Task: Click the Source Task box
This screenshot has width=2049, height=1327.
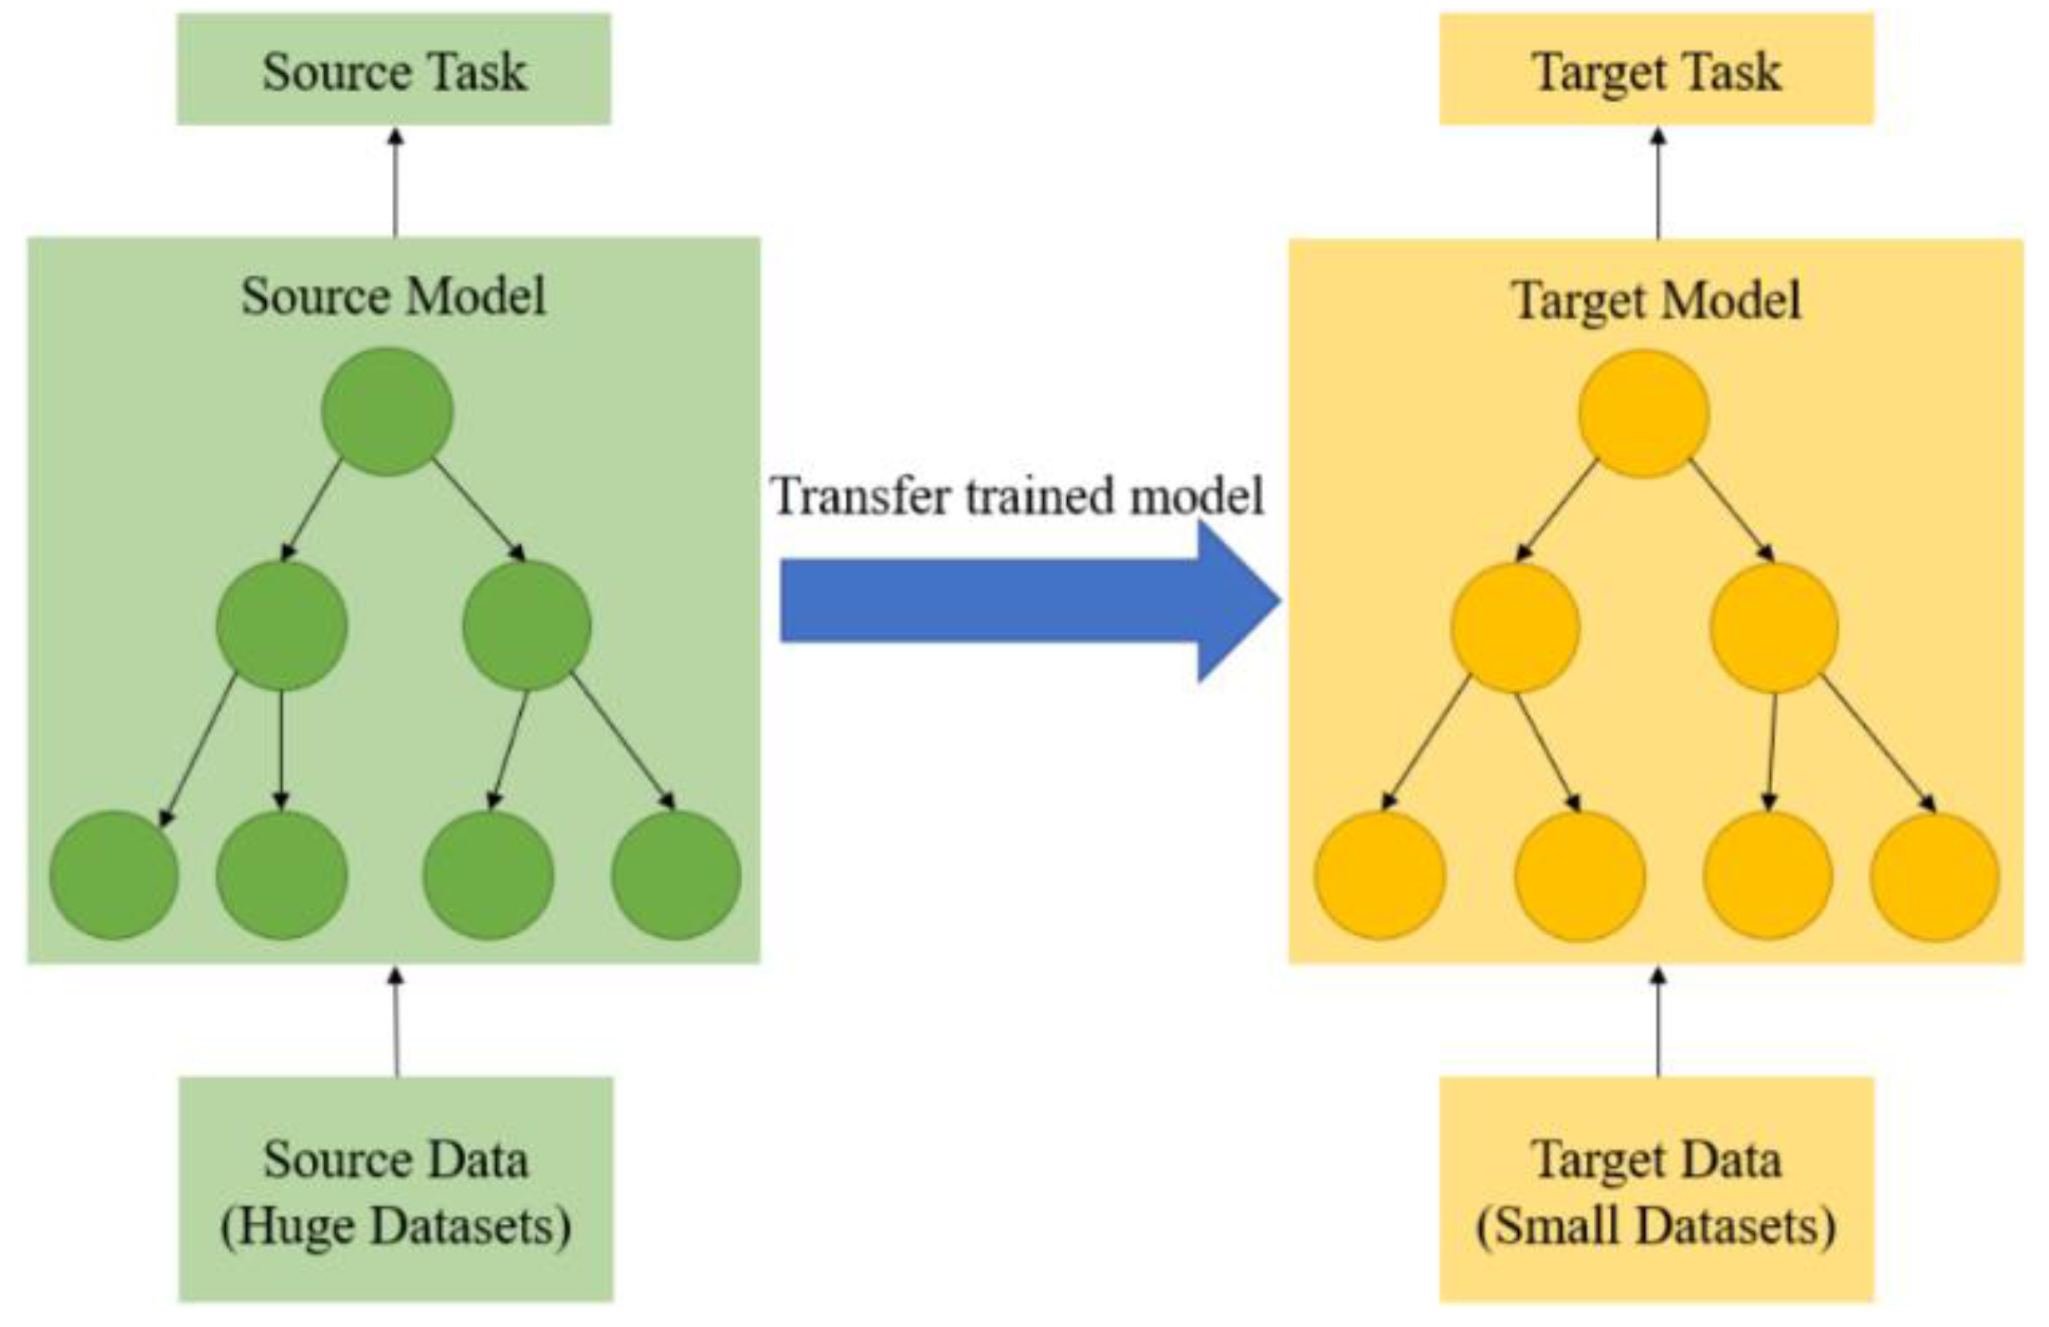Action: [394, 70]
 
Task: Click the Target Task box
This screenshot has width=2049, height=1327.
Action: [1655, 70]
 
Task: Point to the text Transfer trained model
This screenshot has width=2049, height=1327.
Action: [1018, 496]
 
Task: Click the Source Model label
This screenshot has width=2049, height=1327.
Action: [394, 297]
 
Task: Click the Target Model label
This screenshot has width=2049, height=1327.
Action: [1655, 302]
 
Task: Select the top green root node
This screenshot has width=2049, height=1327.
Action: [388, 411]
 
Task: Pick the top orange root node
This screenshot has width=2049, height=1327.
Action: [1642, 413]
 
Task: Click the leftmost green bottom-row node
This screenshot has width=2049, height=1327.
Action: [113, 875]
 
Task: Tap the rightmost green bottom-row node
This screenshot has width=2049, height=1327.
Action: [676, 875]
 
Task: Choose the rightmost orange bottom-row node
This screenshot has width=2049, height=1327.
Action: [1935, 877]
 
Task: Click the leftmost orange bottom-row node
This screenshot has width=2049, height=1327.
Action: [1379, 875]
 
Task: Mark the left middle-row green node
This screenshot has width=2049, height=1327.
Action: [281, 626]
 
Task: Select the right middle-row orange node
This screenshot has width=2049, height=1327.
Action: [1774, 627]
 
